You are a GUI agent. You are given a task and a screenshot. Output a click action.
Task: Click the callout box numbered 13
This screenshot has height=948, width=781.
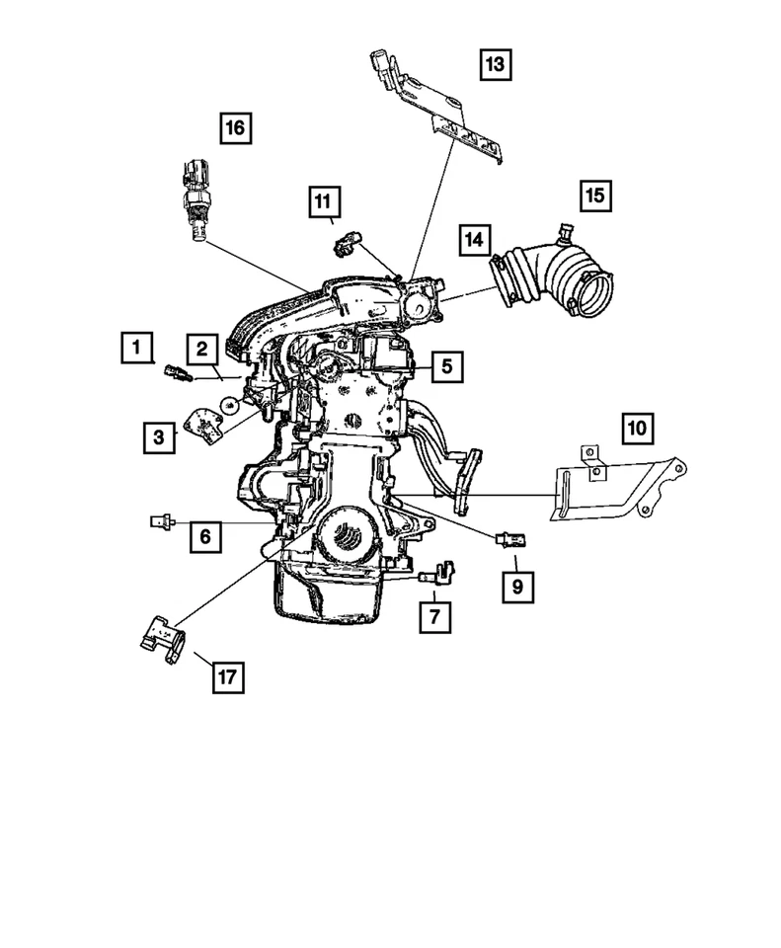coord(494,66)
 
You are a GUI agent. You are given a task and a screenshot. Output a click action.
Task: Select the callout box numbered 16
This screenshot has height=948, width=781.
coord(235,128)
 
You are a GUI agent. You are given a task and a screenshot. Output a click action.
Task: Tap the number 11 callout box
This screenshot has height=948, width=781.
coord(322,202)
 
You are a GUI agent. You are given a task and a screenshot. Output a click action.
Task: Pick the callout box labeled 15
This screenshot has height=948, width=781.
coord(594,196)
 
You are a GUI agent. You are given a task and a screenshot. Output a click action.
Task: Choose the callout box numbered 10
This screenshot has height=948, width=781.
coord(637,429)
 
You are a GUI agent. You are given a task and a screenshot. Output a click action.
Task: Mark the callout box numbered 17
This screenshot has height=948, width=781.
coord(227,676)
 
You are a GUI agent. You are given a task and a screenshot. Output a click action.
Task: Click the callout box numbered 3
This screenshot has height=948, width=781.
coord(158,436)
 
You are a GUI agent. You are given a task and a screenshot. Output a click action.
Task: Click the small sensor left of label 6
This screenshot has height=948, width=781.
coord(162,519)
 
